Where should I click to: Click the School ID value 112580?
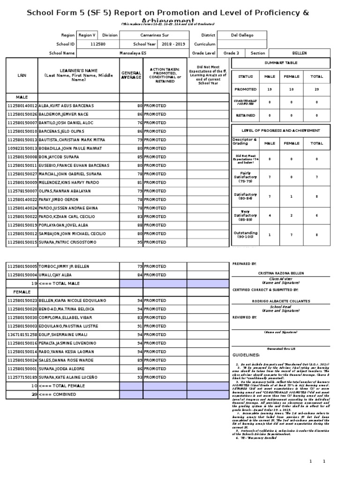coord(97,44)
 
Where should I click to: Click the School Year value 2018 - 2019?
coord(173,44)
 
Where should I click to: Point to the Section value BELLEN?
coord(299,53)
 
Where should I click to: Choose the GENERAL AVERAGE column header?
coord(131,75)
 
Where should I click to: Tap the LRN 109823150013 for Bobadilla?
coord(22,149)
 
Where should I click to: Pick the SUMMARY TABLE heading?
coord(280,63)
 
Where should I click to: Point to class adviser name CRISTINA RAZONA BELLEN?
coord(281,273)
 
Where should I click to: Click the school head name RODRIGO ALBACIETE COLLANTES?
coord(281,300)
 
